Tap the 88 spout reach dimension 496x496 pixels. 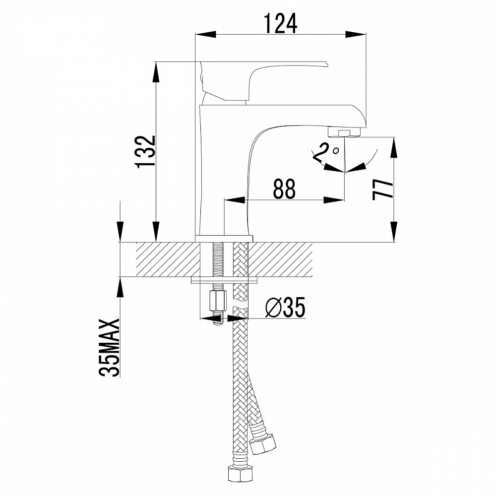click(x=284, y=188)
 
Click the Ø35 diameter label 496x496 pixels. click(x=285, y=308)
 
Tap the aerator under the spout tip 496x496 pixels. click(x=345, y=132)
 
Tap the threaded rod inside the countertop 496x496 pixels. click(x=217, y=259)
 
